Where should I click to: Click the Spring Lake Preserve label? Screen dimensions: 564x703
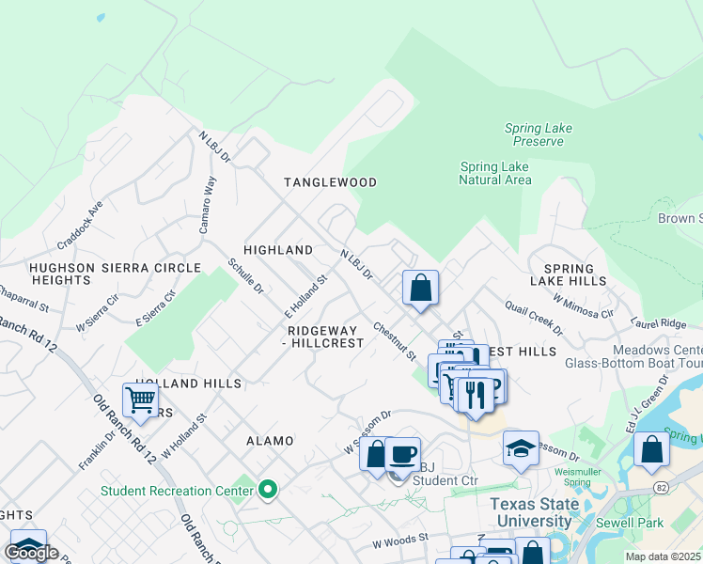tap(538, 135)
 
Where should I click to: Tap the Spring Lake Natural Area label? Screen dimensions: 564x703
tap(495, 174)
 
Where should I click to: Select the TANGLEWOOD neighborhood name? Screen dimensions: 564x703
tap(331, 182)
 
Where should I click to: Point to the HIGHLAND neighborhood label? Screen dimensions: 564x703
tap(277, 250)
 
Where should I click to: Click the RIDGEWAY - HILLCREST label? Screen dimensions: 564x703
tap(325, 337)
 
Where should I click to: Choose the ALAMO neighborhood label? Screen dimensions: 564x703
tap(270, 441)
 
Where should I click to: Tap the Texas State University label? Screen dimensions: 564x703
tap(535, 512)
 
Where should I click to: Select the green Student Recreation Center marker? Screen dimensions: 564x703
tap(268, 489)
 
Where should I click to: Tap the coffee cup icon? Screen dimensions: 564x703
tap(403, 454)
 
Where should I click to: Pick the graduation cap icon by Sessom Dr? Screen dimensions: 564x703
tap(521, 447)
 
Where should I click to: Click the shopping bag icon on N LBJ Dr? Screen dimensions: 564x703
tap(420, 287)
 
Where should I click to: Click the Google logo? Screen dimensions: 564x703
tap(31, 553)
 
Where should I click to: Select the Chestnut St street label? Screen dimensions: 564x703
tap(394, 342)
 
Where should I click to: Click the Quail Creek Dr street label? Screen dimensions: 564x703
tap(533, 318)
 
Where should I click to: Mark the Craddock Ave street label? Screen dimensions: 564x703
tap(80, 225)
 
